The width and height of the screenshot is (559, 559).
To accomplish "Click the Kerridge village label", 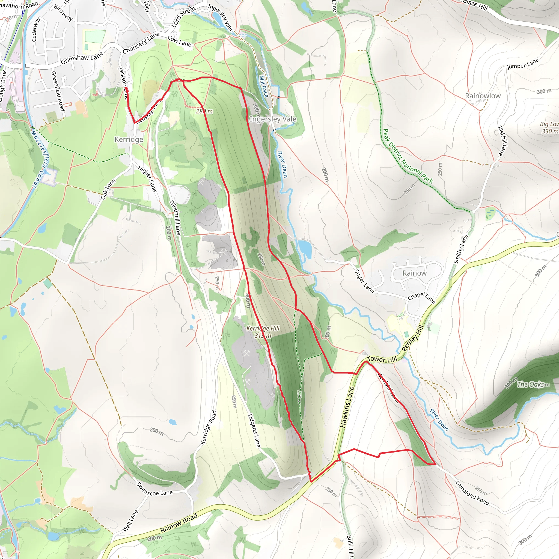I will click(x=129, y=139).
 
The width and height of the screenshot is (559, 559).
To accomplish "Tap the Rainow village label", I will click(x=414, y=273).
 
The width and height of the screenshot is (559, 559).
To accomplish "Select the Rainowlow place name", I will click(x=483, y=96).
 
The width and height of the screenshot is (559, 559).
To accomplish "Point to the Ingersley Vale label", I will click(x=273, y=119).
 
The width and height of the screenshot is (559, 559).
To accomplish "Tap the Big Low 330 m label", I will click(x=549, y=127).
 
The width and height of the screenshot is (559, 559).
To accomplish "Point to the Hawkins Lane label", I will click(x=347, y=407).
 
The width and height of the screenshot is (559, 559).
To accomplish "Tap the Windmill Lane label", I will click(x=175, y=217).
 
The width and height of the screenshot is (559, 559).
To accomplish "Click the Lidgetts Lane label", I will click(x=254, y=430).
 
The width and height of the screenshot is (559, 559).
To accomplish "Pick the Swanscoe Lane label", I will click(x=154, y=489).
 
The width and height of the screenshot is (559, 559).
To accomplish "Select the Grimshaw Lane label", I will click(x=82, y=58).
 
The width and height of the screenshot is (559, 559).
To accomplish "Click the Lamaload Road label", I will click(x=472, y=493).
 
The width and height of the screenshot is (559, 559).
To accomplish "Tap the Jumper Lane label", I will click(x=523, y=64).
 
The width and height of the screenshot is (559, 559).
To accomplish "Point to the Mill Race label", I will click(x=263, y=86).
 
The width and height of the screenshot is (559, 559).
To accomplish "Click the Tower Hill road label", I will click(x=382, y=359).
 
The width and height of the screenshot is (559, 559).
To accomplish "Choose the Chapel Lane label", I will click(x=421, y=298).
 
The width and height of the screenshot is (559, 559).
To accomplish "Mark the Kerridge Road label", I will click(x=208, y=427).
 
